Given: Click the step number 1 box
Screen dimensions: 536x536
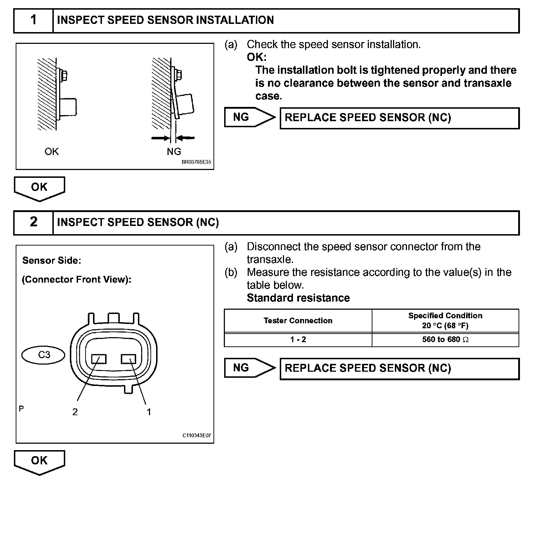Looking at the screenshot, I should pyautogui.click(x=33, y=20).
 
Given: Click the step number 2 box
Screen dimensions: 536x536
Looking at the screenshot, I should pyautogui.click(x=33, y=222).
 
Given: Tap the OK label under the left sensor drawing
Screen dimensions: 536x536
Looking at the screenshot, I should pyautogui.click(x=51, y=152).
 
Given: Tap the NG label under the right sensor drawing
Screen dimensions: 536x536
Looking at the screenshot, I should pyautogui.click(x=174, y=152).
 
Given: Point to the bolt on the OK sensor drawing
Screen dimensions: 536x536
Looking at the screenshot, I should pyautogui.click(x=64, y=76).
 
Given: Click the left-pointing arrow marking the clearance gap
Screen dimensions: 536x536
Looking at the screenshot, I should pyautogui.click(x=186, y=138).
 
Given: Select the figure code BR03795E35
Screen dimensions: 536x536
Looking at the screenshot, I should pyautogui.click(x=196, y=162).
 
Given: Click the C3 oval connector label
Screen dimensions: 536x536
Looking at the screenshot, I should pyautogui.click(x=44, y=355).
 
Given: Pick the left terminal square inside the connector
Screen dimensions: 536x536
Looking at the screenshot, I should pyautogui.click(x=99, y=359).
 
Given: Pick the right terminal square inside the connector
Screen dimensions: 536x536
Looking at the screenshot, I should pyautogui.click(x=128, y=359).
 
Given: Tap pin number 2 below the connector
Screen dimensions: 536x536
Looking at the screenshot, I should pyautogui.click(x=75, y=412).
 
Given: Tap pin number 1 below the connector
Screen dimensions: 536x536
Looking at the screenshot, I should pyautogui.click(x=149, y=412).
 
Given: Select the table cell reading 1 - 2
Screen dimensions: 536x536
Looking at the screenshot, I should pyautogui.click(x=298, y=340).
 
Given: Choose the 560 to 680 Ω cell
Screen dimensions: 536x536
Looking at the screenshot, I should pyautogui.click(x=445, y=340).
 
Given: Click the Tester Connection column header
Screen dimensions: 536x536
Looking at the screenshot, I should pyautogui.click(x=298, y=321).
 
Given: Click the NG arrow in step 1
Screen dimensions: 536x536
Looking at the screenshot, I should pyautogui.click(x=249, y=117).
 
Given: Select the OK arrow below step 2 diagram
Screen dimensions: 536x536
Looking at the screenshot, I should pyautogui.click(x=39, y=462).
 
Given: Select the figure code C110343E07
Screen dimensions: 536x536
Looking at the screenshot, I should pyautogui.click(x=197, y=435).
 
